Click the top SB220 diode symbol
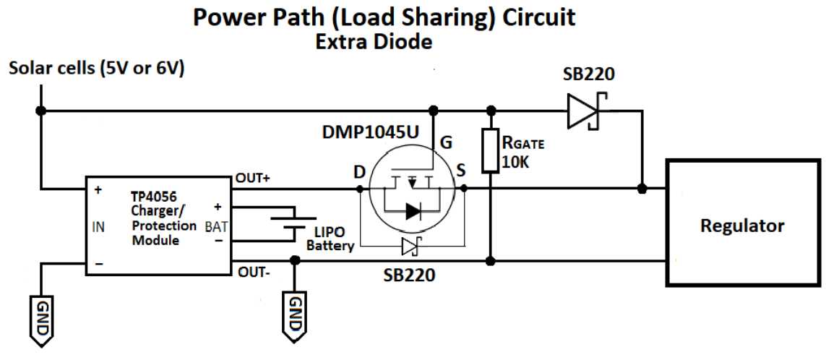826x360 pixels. coord(585,111)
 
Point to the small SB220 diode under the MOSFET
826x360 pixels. coord(410,247)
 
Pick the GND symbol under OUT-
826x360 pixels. coord(295,312)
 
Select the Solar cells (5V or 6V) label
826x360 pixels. coord(96,69)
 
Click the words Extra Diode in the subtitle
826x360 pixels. coord(374,42)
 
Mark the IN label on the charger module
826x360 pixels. coord(99,226)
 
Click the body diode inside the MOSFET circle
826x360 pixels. coord(413,211)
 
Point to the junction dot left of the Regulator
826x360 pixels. coord(642,189)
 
